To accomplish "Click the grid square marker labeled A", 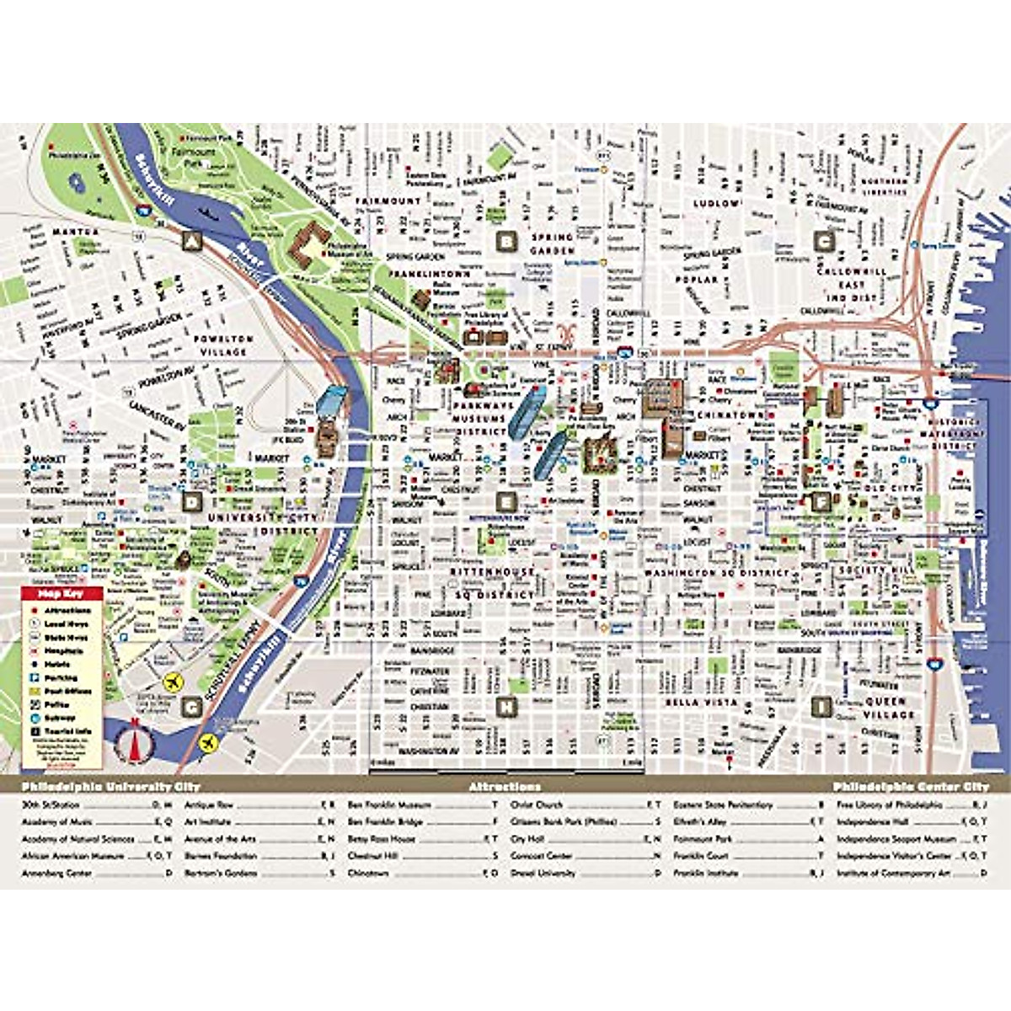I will coord(193,242).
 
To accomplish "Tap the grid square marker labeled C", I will coord(825,242).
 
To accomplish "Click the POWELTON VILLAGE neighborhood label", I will coord(222,345).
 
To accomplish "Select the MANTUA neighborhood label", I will coord(76,232).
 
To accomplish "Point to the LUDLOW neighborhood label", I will coord(716,204).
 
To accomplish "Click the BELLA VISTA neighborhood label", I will coord(701,702).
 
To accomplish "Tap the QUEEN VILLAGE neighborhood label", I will coord(886,708).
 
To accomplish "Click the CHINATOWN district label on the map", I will coord(730,415).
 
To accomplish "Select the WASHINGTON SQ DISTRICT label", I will coord(716,573).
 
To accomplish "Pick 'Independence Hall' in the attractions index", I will coord(877,821).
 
